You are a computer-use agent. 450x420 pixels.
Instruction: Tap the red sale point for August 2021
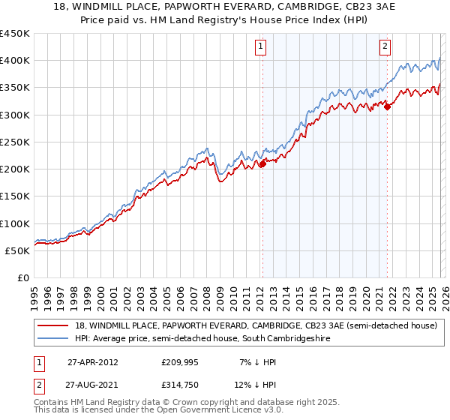pyautogui.click(x=388, y=107)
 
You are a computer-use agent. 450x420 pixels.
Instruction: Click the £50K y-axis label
pyautogui.click(x=18, y=250)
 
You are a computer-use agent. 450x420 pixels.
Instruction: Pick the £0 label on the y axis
pyautogui.click(x=23, y=277)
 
